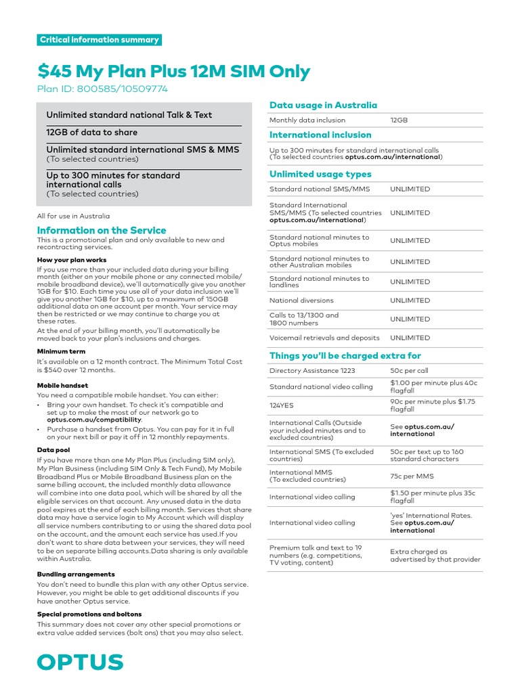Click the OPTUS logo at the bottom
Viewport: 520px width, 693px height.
[80, 662]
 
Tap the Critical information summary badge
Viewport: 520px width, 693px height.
[100, 40]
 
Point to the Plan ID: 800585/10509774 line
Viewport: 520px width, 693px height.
[102, 89]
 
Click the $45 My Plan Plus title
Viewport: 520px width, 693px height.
[173, 71]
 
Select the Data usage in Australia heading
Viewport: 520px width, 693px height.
[323, 105]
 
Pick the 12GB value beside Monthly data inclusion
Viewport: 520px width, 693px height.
[399, 120]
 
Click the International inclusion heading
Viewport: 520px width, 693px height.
[320, 135]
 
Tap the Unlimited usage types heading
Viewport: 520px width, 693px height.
[320, 174]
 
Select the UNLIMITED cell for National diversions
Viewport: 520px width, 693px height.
[410, 300]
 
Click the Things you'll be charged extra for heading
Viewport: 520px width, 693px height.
[345, 355]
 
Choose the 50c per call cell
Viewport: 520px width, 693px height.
[409, 371]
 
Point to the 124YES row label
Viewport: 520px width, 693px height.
[282, 405]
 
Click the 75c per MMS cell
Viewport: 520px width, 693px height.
[412, 475]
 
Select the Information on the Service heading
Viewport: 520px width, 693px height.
[101, 230]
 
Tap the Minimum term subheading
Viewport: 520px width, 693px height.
[61, 352]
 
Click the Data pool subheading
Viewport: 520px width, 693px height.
[53, 449]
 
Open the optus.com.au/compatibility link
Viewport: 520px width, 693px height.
[94, 420]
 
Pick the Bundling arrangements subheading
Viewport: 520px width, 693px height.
[76, 574]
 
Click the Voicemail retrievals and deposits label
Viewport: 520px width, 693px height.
[324, 337]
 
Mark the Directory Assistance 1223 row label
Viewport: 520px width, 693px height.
[312, 371]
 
